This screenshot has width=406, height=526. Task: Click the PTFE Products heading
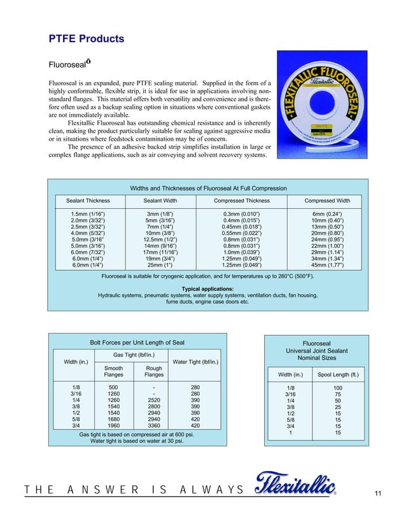[x=86, y=39]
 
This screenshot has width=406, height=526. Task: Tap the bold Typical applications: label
[x=208, y=288]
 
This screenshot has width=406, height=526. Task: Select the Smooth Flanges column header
[x=113, y=371]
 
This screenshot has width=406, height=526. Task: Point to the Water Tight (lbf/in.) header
[x=196, y=363]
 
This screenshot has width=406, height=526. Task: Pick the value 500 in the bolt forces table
[x=113, y=387]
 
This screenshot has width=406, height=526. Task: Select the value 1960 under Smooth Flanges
[x=113, y=426]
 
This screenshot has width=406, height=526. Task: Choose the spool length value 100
[x=338, y=388]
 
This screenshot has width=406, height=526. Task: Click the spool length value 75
[x=338, y=395]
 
